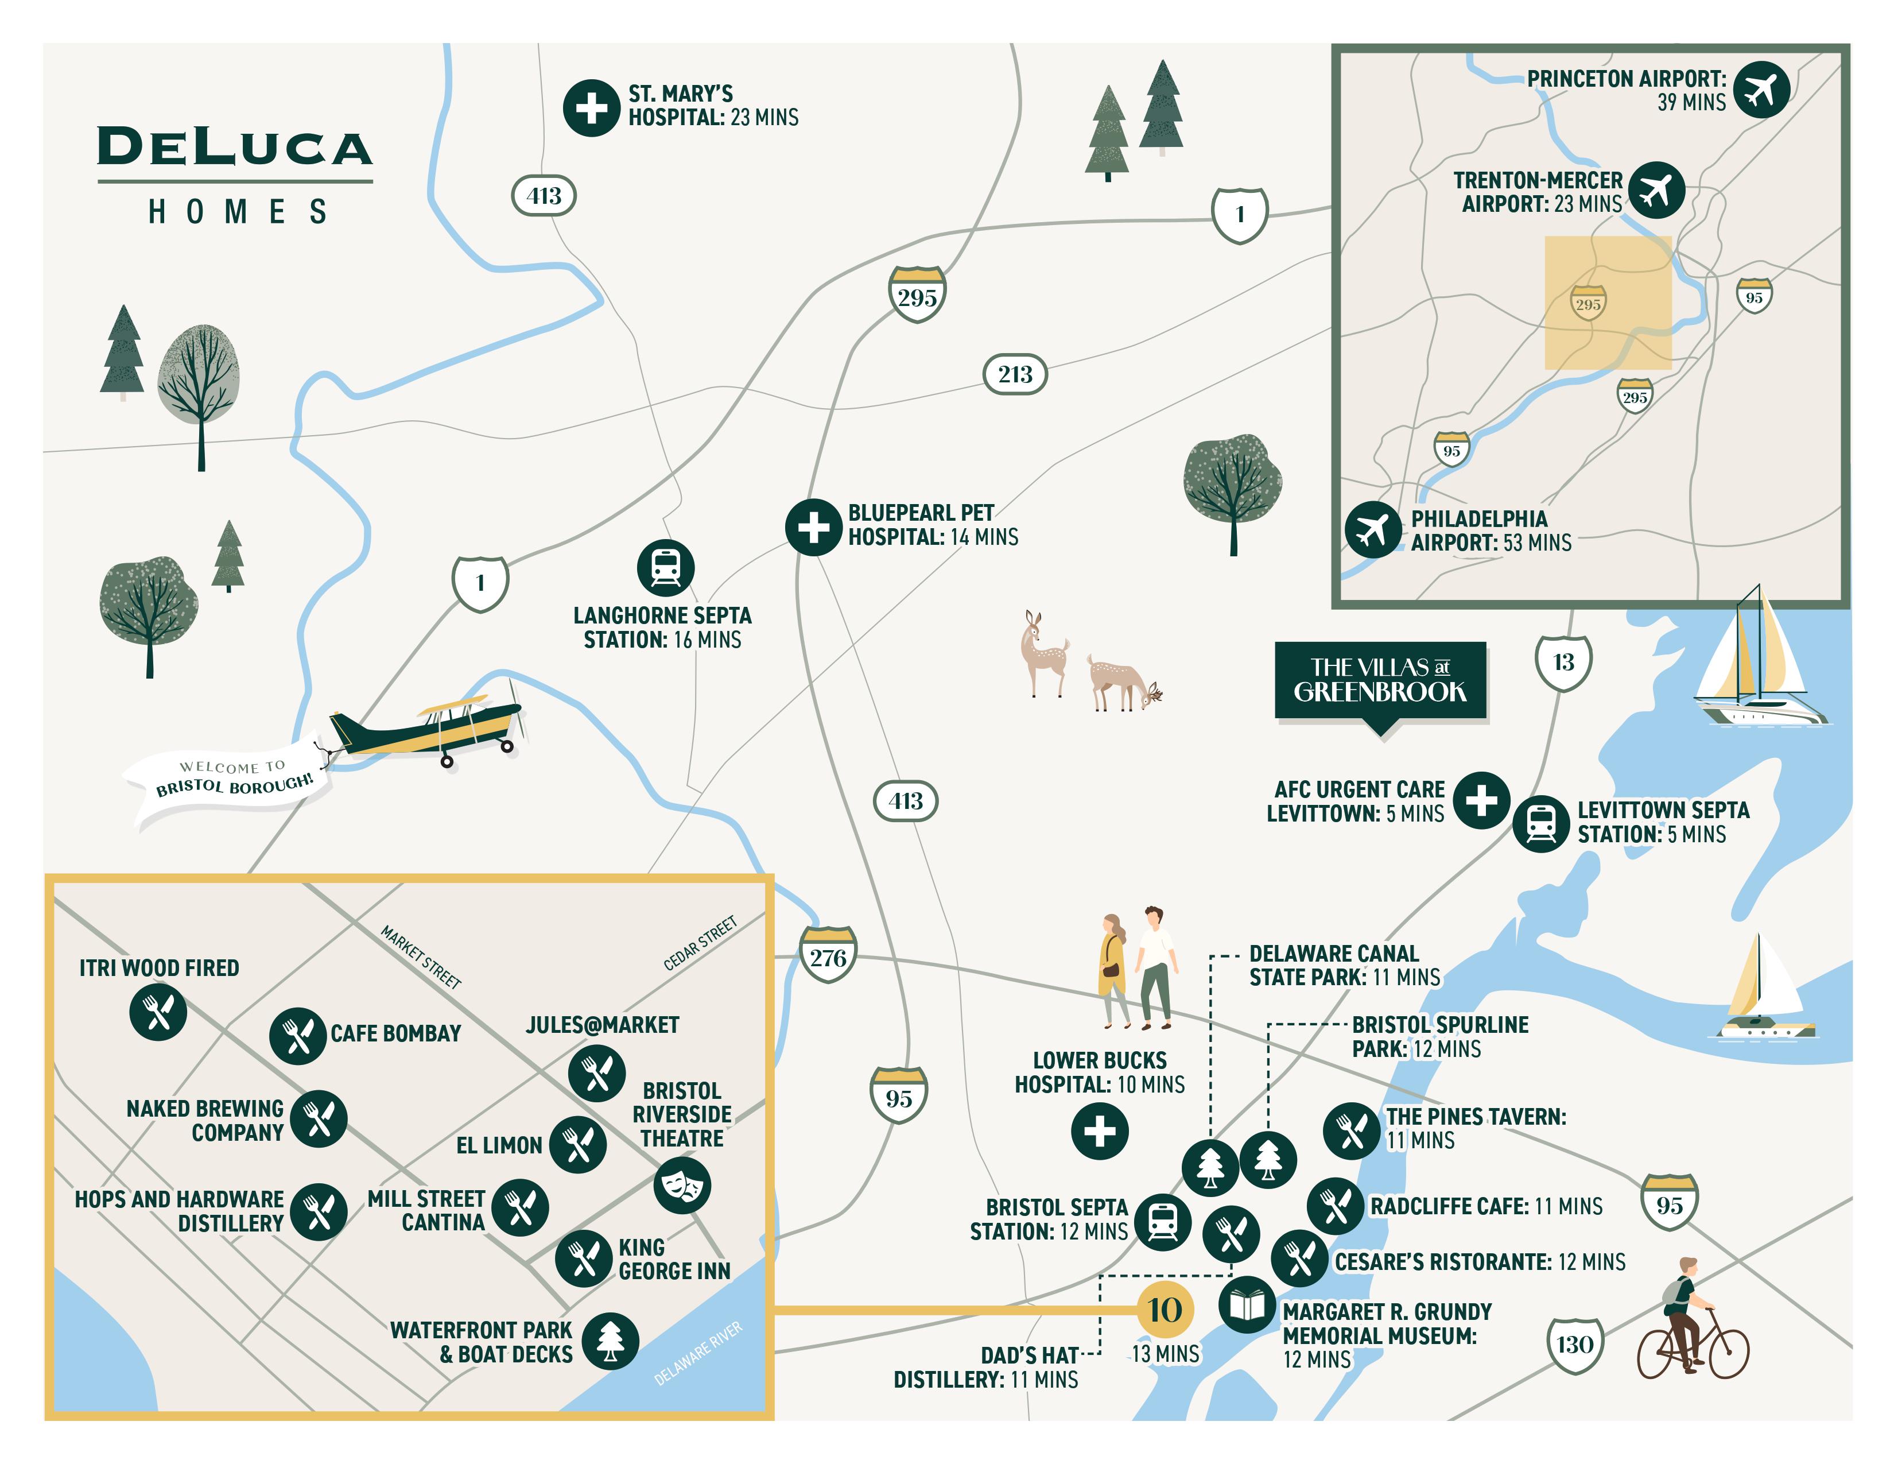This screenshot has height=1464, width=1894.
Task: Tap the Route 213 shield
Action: click(x=1015, y=375)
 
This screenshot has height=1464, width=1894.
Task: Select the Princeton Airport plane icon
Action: click(x=1761, y=90)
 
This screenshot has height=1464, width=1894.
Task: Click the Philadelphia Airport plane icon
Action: click(x=1373, y=529)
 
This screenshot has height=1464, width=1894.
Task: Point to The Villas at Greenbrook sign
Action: click(x=1380, y=681)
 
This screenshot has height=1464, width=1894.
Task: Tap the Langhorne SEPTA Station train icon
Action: click(x=665, y=568)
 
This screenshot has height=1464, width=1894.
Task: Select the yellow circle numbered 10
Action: click(x=1164, y=1310)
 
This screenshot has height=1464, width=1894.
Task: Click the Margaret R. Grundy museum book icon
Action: click(x=1247, y=1304)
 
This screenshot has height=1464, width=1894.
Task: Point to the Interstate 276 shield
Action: click(x=828, y=956)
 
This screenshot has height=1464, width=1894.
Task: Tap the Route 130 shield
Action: click(x=1574, y=1345)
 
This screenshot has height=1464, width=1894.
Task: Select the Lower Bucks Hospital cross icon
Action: click(x=1100, y=1131)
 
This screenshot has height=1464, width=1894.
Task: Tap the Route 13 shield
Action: click(x=1563, y=663)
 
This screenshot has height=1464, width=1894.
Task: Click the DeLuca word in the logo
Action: click(x=234, y=148)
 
